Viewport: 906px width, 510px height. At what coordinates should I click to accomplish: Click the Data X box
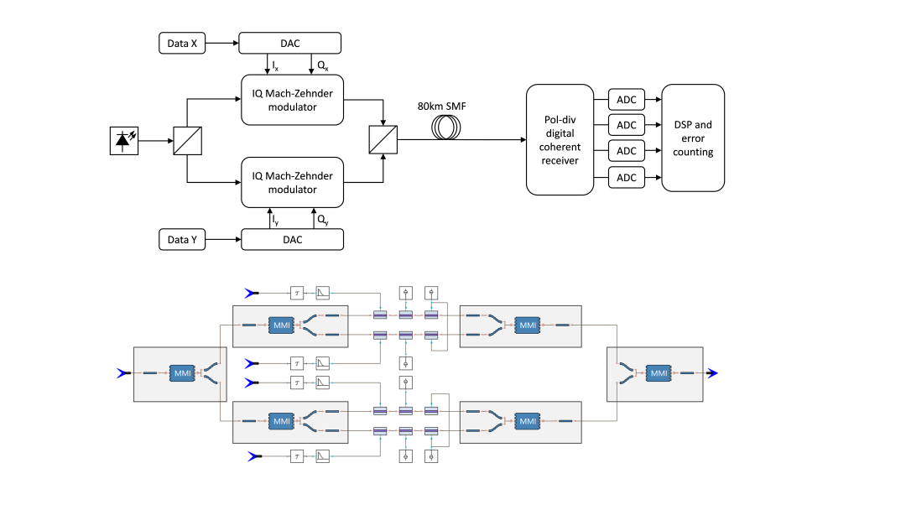click(x=183, y=43)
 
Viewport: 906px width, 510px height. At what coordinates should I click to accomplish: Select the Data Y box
click(x=183, y=240)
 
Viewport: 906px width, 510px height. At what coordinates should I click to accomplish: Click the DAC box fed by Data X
click(x=290, y=43)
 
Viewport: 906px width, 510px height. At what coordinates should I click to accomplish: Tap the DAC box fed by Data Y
click(x=292, y=240)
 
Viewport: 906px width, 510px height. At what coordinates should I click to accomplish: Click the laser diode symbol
click(x=125, y=141)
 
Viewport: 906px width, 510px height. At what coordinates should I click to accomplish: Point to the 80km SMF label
click(x=442, y=107)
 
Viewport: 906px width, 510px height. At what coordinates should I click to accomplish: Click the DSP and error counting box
click(x=693, y=138)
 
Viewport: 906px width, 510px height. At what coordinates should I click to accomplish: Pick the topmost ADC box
click(x=627, y=100)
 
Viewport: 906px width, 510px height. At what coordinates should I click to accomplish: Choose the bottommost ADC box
click(x=627, y=177)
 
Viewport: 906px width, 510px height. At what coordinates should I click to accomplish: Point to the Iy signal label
click(x=276, y=220)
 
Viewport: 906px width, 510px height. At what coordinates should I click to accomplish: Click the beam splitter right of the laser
click(x=186, y=141)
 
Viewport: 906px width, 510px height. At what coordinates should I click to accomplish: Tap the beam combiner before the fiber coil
click(x=383, y=141)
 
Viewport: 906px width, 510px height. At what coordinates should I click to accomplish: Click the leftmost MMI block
click(x=182, y=372)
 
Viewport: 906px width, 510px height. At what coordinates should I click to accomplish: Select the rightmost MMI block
click(x=659, y=372)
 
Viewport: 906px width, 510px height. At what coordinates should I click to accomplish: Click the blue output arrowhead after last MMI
click(x=712, y=372)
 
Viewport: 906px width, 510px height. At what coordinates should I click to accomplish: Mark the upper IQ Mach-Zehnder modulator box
click(x=292, y=100)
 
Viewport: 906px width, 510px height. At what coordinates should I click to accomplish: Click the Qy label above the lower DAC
click(x=323, y=220)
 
